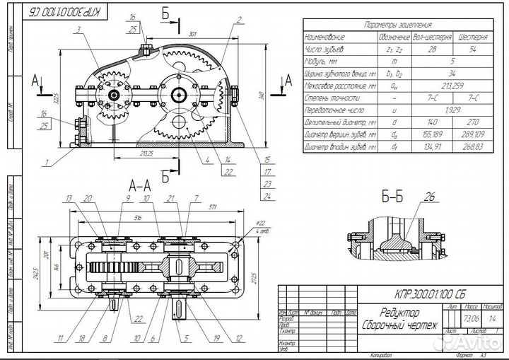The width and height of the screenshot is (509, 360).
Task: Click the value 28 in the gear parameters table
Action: [x=431, y=50]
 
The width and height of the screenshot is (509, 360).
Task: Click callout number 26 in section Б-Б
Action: [x=431, y=197]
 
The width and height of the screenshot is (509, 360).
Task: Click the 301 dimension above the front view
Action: [x=193, y=33]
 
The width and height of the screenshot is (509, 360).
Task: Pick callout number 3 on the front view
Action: [x=78, y=29]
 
